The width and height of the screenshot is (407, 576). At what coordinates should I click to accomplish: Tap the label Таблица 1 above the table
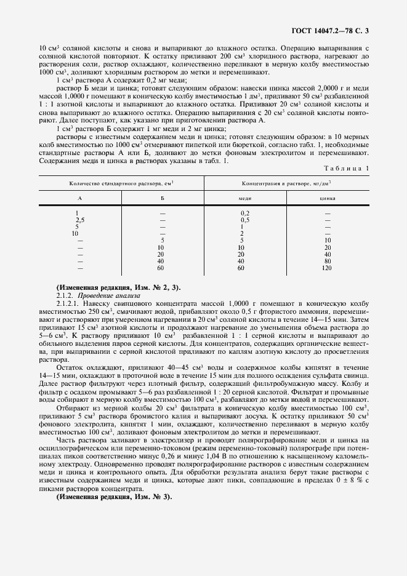pyautogui.click(x=349, y=167)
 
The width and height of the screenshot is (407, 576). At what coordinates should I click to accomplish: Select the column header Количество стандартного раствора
pyautogui.click(x=122, y=183)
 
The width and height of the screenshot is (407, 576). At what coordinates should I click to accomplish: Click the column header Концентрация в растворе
pyautogui.click(x=286, y=183)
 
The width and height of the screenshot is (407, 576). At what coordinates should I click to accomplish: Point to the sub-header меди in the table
pyautogui.click(x=244, y=199)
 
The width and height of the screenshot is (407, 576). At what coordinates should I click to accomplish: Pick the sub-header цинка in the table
pyautogui.click(x=328, y=199)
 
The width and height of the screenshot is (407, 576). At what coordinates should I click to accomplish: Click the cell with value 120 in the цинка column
pyautogui.click(x=327, y=268)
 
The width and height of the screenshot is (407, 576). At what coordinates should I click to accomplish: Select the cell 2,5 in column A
pyautogui.click(x=79, y=220)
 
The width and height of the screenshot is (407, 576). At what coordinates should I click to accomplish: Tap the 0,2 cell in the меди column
pyautogui.click(x=244, y=213)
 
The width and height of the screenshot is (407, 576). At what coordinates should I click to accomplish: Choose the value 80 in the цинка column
pyautogui.click(x=327, y=261)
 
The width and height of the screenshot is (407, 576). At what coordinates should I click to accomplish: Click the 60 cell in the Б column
pyautogui.click(x=161, y=268)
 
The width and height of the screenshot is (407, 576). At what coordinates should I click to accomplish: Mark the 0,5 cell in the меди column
pyautogui.click(x=244, y=220)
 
